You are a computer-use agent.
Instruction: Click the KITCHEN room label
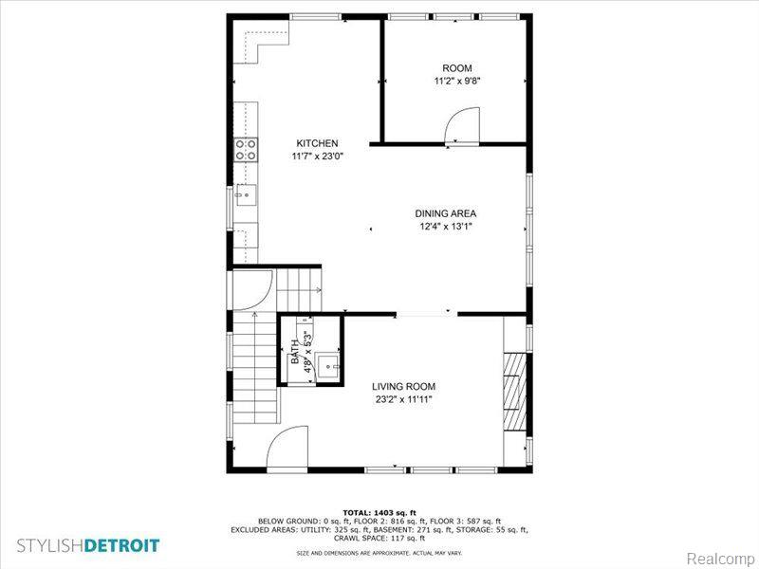[x=317, y=143]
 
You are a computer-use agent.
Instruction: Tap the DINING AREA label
[x=445, y=213]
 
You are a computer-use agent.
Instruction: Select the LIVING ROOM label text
[x=404, y=386]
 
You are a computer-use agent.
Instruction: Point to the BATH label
[x=295, y=352]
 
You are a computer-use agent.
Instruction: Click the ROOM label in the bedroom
[x=457, y=68]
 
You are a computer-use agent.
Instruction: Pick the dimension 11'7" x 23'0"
[x=317, y=156]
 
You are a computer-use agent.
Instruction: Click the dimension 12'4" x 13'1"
[x=446, y=226]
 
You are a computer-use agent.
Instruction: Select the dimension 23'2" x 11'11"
[x=404, y=399]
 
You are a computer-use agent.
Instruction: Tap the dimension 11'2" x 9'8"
[x=457, y=82]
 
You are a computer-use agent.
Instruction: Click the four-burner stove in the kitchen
[x=246, y=150]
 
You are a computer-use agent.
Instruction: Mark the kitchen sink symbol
[x=246, y=195]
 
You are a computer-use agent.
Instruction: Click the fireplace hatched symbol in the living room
[x=514, y=392]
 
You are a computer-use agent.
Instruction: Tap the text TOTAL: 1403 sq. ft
[x=379, y=512]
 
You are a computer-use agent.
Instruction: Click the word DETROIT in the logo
[x=122, y=546]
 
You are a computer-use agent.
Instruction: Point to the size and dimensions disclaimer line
[x=379, y=553]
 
